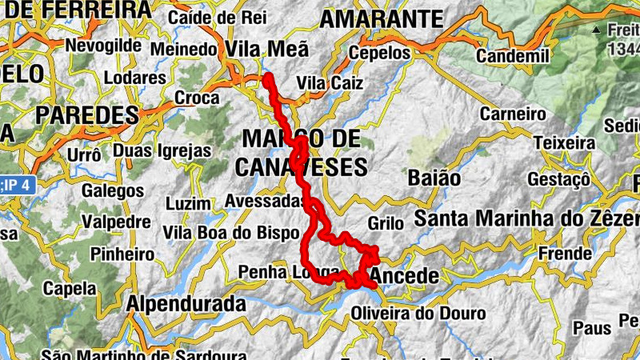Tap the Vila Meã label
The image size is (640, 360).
pyautogui.click(x=267, y=50)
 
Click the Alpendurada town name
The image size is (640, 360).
pyautogui.click(x=186, y=304)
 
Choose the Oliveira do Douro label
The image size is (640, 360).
pyautogui.click(x=418, y=313)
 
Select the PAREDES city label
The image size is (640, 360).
pyautogui.click(x=87, y=114)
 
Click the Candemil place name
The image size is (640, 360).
pyautogui.click(x=512, y=57)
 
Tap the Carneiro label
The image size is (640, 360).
pyautogui.click(x=512, y=114)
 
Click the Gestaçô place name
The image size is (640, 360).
pyautogui.click(x=558, y=178)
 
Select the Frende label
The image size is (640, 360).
pyautogui.click(x=564, y=253)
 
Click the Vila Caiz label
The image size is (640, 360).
pyautogui.click(x=329, y=83)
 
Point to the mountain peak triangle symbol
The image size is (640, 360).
pyautogui.click(x=595, y=30)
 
